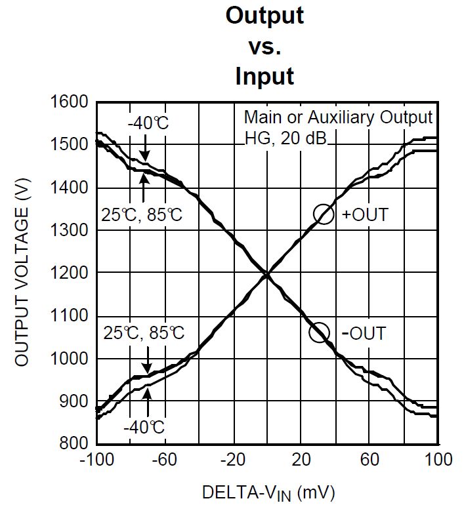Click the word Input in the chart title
[x=264, y=77]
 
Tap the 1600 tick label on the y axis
[x=69, y=102]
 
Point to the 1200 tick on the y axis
[x=69, y=273]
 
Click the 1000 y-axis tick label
[x=69, y=359]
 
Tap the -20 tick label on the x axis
[x=232, y=460]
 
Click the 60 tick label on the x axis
[x=370, y=460]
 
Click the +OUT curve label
[x=365, y=214]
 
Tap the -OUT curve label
[x=364, y=333]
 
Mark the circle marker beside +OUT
[x=324, y=214]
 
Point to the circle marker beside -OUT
[x=320, y=333]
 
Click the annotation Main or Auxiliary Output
[x=338, y=117]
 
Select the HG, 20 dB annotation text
[x=289, y=138]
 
